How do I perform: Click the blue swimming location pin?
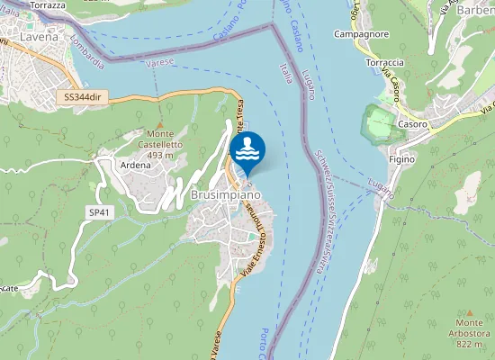pyautogui.click(x=247, y=149)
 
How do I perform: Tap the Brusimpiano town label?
pyautogui.click(x=225, y=194)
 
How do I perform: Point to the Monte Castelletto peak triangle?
pyautogui.click(x=160, y=122)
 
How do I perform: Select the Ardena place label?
pyautogui.click(x=135, y=165)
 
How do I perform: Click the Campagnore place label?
pyautogui.click(x=360, y=33)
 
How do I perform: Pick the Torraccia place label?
pyautogui.click(x=385, y=63)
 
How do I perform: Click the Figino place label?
pyautogui.click(x=402, y=158)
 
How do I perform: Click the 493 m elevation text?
pyautogui.click(x=159, y=155)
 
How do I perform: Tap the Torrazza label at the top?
pyautogui.click(x=48, y=4)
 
